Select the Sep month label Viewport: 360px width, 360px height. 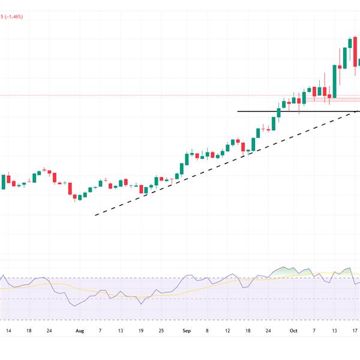185,330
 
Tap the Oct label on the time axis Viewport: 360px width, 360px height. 293,330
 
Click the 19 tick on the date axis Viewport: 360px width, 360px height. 141,330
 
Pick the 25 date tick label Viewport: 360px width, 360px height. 161,330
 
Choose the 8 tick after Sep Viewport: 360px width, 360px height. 207,330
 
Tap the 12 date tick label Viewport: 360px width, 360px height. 228,330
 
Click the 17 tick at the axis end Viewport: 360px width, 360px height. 355,330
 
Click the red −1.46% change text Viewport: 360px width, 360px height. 13,17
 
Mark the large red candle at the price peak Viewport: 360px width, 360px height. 354,47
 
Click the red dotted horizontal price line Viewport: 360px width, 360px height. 120,95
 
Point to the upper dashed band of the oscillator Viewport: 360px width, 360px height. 120,277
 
